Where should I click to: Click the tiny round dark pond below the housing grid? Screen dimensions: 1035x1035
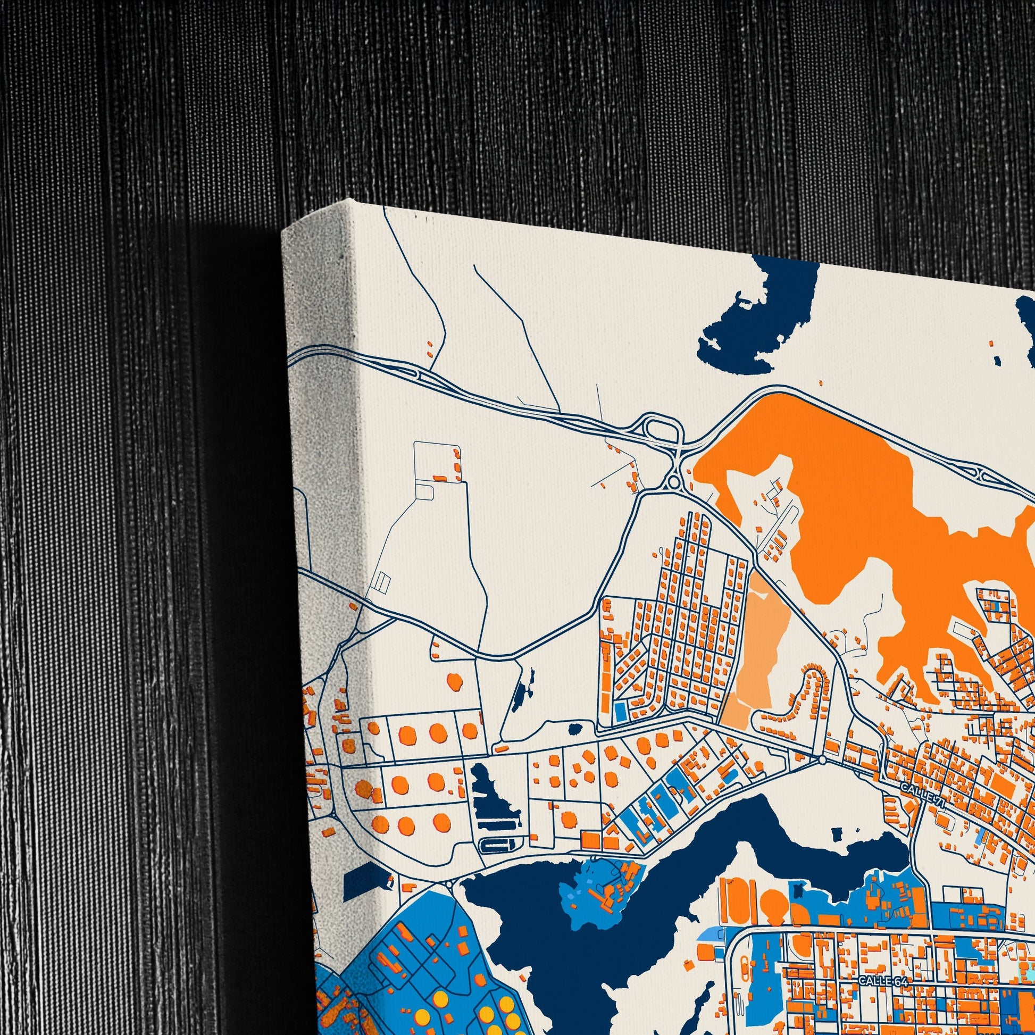click(x=575, y=729)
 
